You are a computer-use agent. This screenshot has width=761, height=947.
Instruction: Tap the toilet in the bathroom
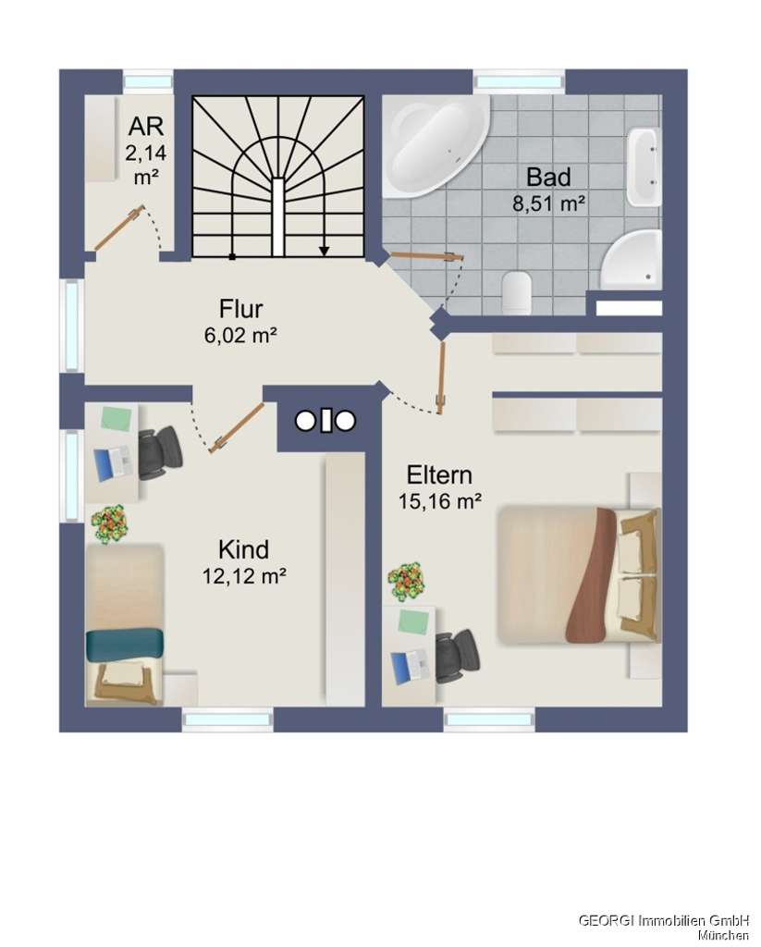coord(517,290)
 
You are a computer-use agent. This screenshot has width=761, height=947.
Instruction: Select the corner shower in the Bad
coord(632,259)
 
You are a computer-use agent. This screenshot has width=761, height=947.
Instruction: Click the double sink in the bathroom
coord(643,167)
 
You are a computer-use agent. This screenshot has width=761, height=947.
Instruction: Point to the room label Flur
coord(241,309)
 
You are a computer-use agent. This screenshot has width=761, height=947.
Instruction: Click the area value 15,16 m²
coord(440,502)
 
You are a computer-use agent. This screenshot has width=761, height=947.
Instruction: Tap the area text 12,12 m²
coord(244,576)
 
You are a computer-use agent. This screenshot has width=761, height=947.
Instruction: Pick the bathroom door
coord(424,255)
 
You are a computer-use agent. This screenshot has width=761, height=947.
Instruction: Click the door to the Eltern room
coord(443,377)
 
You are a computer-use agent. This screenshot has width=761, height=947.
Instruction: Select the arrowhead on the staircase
coord(325,250)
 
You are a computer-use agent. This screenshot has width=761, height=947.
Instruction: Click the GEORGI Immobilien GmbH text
coord(663,919)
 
